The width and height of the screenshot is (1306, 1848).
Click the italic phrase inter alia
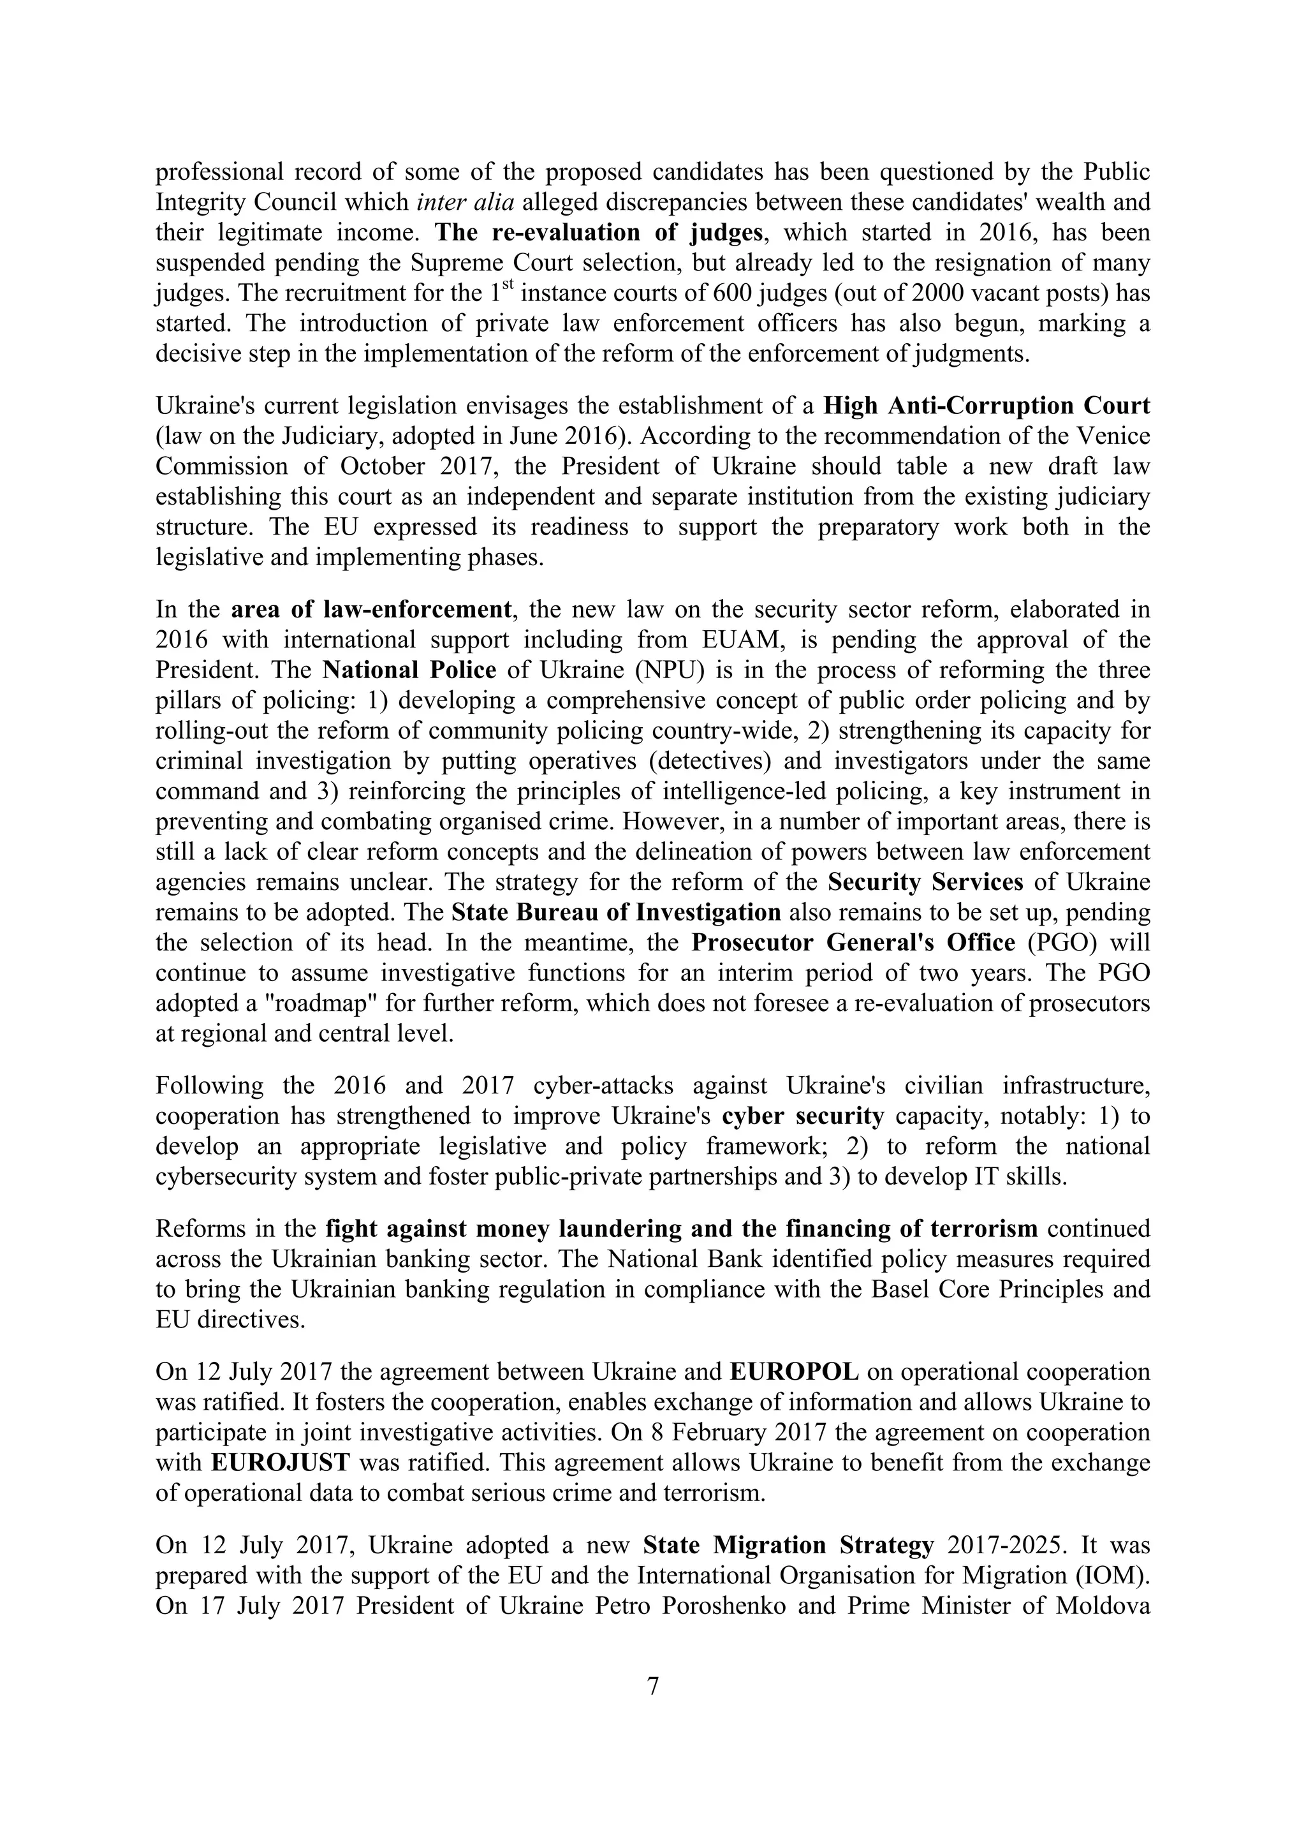466,202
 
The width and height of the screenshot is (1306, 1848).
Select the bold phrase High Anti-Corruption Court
986,405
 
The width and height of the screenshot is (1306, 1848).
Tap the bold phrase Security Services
925,882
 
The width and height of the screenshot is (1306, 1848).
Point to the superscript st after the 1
510,286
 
